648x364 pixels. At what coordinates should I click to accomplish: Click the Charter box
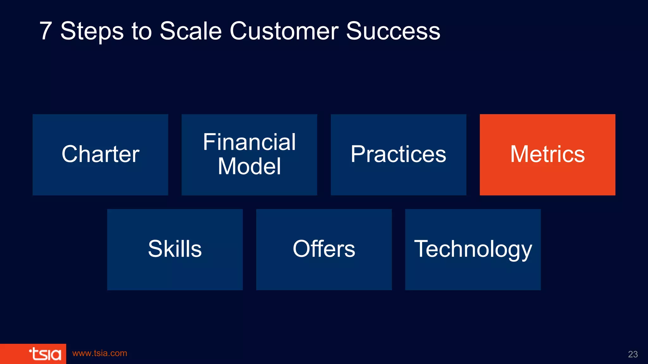(100, 155)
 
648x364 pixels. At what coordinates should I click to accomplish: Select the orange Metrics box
(547, 155)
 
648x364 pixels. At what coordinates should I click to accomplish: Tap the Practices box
(398, 155)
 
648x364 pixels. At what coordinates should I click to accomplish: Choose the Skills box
(175, 249)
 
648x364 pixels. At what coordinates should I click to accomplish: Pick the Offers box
(324, 249)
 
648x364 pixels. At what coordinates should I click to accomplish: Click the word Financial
(249, 142)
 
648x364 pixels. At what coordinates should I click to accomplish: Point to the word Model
(249, 167)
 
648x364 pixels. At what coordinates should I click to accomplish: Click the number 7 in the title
(46, 31)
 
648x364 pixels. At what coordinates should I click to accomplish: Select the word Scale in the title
(190, 31)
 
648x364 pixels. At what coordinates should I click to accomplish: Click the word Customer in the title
(284, 31)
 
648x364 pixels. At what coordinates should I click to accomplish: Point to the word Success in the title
(393, 31)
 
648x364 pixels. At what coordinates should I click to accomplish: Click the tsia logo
(45, 354)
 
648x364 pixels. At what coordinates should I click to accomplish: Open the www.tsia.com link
(100, 353)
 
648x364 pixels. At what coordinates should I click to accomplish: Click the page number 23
(632, 354)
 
